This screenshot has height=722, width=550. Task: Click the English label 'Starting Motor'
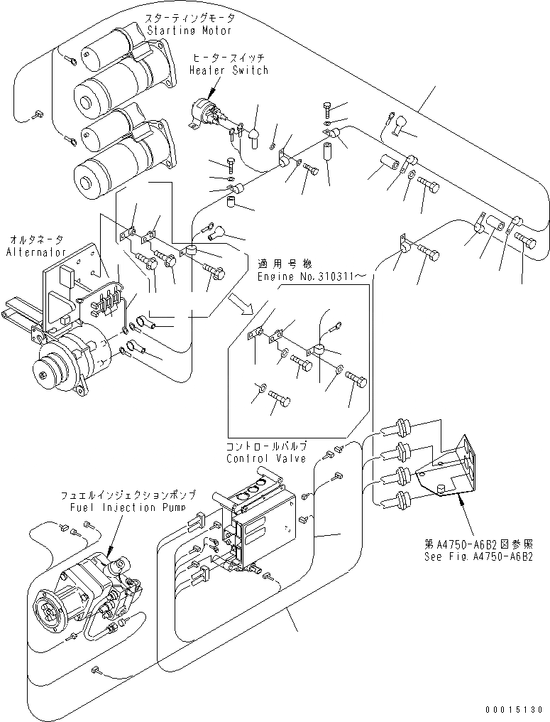pos(189,31)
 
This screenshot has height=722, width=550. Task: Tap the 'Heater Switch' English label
pos(229,70)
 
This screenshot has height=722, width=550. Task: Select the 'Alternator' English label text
pos(35,252)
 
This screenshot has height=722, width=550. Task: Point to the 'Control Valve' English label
pos(266,458)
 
